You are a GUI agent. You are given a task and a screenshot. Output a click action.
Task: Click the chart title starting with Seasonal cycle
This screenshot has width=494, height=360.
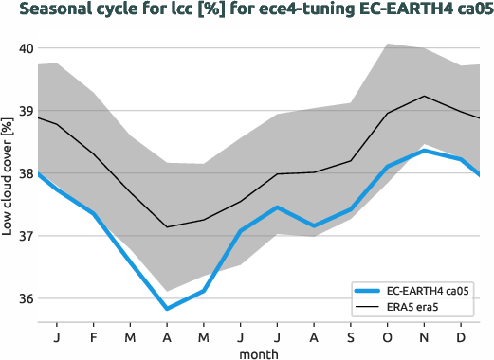pyautogui.click(x=247, y=10)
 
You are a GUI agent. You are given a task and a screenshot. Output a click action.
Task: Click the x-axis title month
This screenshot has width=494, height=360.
pyautogui.click(x=258, y=351)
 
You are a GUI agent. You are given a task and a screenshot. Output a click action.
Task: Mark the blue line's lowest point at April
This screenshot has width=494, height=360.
pyautogui.click(x=167, y=309)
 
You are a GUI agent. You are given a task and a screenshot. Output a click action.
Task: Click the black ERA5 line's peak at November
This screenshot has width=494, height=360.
pyautogui.click(x=426, y=96)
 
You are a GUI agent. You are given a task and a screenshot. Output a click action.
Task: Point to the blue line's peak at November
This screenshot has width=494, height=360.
pyautogui.click(x=426, y=151)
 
